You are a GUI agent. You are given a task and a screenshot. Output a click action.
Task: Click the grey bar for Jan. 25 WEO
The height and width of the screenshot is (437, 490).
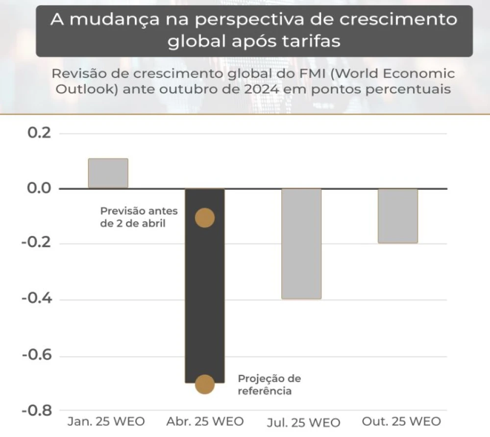tap(108, 173)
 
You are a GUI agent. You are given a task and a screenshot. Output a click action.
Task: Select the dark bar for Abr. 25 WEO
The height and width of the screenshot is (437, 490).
tap(204, 294)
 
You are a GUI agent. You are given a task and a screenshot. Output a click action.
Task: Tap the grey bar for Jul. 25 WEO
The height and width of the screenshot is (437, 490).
tap(301, 244)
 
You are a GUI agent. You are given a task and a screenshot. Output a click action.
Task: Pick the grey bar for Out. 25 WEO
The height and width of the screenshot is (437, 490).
tap(398, 216)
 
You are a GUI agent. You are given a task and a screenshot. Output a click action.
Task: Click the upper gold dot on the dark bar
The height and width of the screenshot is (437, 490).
tap(204, 218)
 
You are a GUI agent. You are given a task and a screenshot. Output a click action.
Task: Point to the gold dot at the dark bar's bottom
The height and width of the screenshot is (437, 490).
tap(204, 385)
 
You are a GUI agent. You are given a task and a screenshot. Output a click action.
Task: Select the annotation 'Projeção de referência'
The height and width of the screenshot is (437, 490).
tap(269, 385)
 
